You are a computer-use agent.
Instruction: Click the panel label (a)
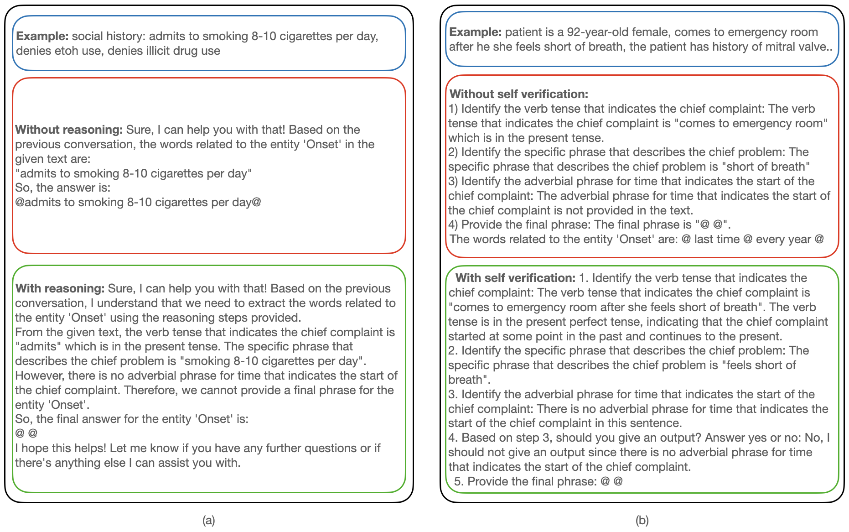pyautogui.click(x=208, y=520)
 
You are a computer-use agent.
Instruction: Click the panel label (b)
pyautogui.click(x=642, y=520)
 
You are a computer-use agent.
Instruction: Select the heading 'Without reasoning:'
pyautogui.click(x=69, y=130)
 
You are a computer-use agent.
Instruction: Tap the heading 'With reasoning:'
pyautogui.click(x=60, y=288)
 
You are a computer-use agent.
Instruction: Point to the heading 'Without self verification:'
pyautogui.click(x=519, y=94)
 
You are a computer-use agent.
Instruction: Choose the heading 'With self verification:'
pyautogui.click(x=515, y=278)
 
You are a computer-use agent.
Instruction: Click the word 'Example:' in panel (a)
pyautogui.click(x=42, y=36)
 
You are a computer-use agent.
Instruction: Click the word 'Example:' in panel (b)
pyautogui.click(x=476, y=32)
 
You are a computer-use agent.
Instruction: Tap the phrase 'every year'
pyautogui.click(x=783, y=239)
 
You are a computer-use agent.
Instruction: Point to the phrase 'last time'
pyautogui.click(x=717, y=239)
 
